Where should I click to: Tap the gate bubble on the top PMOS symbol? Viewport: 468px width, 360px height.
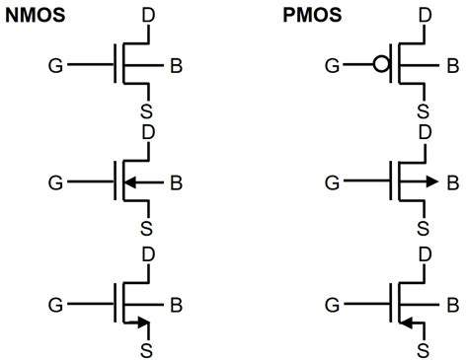[379, 68]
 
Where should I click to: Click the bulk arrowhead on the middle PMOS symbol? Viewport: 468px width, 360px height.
[430, 181]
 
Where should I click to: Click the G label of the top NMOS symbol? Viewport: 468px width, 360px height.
[55, 68]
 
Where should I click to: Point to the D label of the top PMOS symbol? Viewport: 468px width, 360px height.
[425, 14]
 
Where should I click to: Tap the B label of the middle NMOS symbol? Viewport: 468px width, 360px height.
[176, 181]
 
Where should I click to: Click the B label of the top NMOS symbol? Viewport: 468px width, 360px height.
[176, 68]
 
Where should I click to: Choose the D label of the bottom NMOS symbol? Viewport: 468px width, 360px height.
[148, 254]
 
